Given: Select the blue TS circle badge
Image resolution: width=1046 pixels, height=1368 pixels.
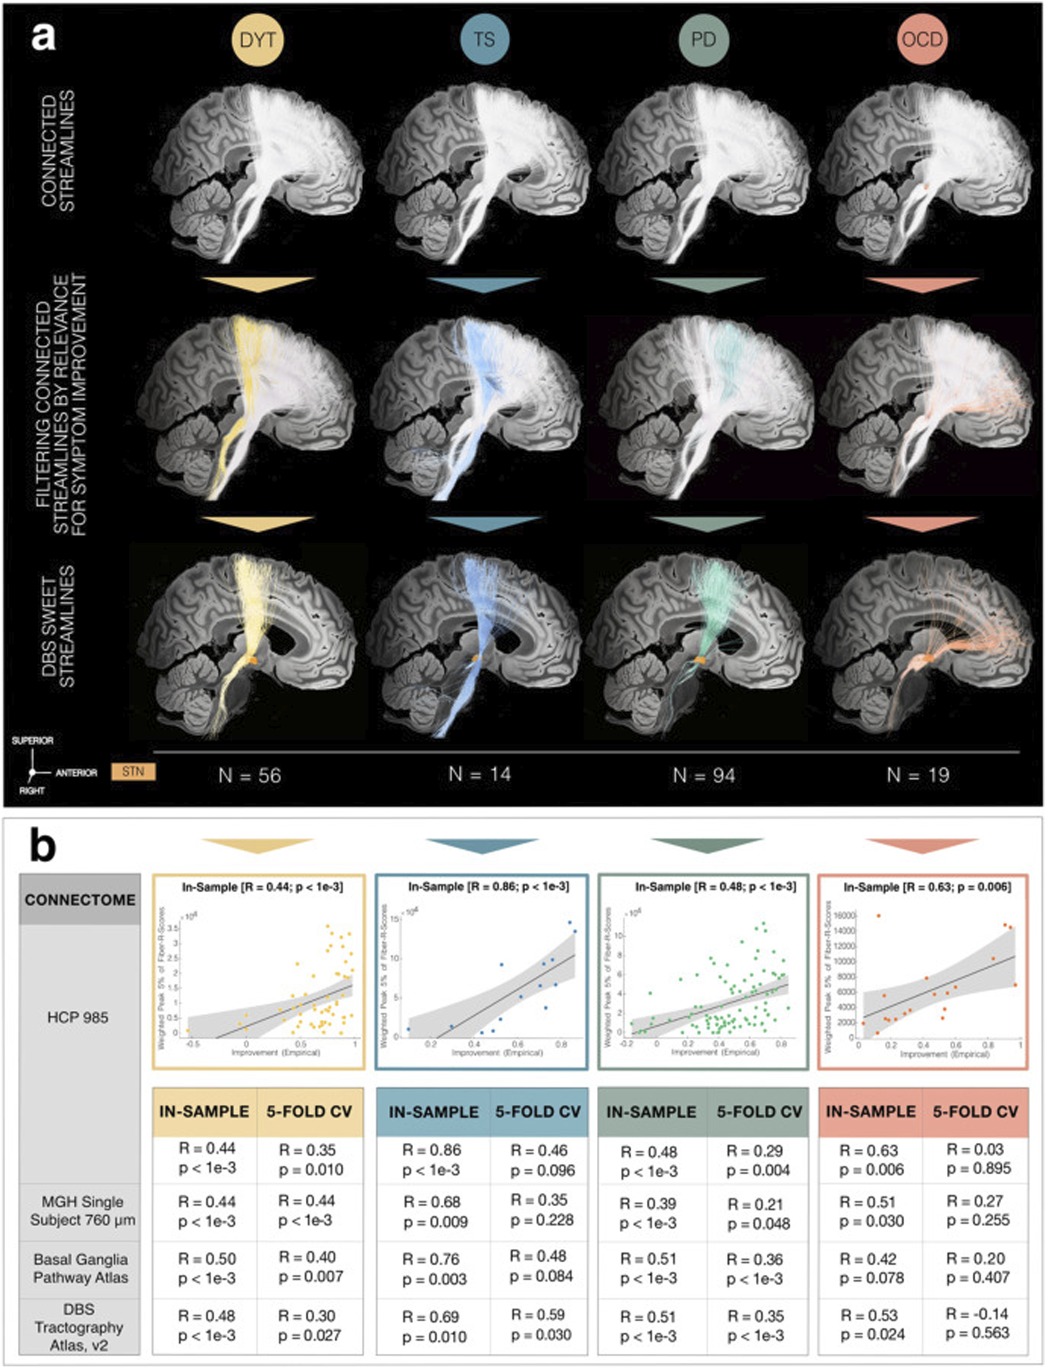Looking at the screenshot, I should click(x=485, y=40).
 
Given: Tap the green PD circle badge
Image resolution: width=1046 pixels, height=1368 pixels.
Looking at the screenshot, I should click(x=704, y=40).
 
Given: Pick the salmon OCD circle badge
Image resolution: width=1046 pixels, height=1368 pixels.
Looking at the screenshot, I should click(x=922, y=40).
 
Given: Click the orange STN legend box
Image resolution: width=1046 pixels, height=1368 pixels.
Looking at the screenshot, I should click(x=133, y=772).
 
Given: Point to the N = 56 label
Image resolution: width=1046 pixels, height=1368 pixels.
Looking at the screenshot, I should click(x=250, y=775).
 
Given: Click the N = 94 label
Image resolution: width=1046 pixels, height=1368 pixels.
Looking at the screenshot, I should click(x=704, y=775).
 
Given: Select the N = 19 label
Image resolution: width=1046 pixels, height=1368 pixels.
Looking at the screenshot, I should click(x=918, y=775).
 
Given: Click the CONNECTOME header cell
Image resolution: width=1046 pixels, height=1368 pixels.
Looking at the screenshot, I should click(x=80, y=900).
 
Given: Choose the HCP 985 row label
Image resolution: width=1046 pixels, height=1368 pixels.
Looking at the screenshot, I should click(x=78, y=1017).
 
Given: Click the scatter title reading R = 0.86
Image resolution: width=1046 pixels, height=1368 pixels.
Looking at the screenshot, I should click(x=489, y=886).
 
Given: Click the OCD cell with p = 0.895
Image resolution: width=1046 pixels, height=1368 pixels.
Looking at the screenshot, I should click(x=979, y=1159).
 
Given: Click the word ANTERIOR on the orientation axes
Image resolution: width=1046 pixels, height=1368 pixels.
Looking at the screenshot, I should click(x=77, y=773).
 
